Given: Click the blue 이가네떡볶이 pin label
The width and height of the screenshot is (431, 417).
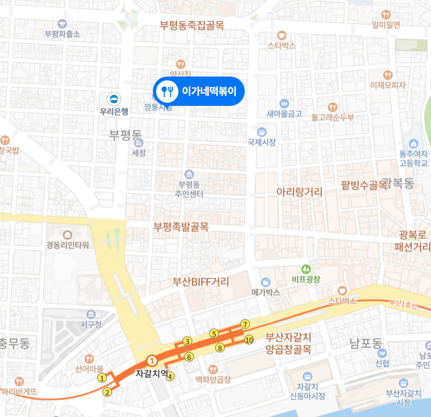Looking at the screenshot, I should [x=199, y=91].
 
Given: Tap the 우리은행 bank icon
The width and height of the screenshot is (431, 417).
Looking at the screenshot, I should [x=114, y=99].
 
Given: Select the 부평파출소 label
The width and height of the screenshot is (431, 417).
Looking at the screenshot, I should [x=62, y=34].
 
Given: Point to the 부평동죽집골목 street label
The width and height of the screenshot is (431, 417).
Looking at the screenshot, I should [x=192, y=25].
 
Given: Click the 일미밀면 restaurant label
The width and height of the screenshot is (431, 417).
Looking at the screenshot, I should [x=386, y=24].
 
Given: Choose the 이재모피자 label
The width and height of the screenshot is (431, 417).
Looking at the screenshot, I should [x=388, y=85].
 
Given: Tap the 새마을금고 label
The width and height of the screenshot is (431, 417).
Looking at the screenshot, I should [x=284, y=114].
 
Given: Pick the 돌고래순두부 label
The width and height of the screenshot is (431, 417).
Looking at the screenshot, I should [x=333, y=117].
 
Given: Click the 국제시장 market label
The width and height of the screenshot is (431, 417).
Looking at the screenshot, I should [x=261, y=143].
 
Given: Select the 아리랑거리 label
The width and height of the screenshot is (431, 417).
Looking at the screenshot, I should [x=299, y=192].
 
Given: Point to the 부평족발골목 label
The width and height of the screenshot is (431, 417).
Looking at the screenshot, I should [x=181, y=228].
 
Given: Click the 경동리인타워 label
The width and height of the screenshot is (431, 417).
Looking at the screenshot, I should [x=67, y=245].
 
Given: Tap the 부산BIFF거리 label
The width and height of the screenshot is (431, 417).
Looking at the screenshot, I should [x=201, y=282].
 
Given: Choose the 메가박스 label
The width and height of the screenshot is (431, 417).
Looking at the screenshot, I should [x=266, y=292].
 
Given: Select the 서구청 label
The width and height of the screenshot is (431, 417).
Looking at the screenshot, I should [x=91, y=325].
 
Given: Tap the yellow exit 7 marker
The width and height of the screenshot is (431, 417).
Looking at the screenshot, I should [x=245, y=325].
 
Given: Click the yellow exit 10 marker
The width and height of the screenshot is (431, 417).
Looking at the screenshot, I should [x=249, y=340].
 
